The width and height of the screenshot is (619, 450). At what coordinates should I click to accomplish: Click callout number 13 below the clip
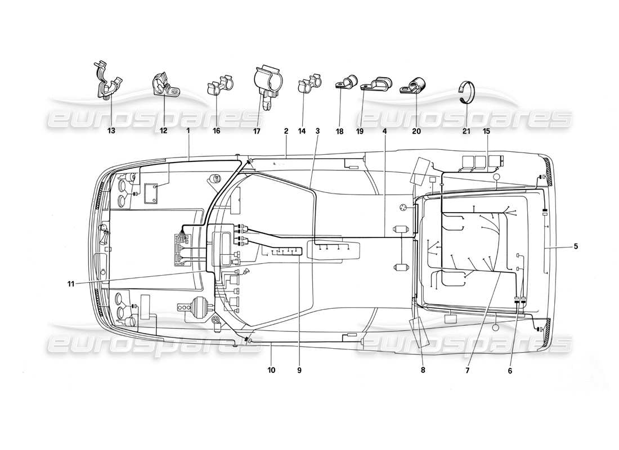pyautogui.click(x=111, y=131)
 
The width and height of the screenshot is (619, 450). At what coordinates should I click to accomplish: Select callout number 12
pyautogui.click(x=164, y=131)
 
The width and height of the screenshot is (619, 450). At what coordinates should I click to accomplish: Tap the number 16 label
pyautogui.click(x=217, y=131)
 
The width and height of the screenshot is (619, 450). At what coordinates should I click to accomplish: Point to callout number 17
pyautogui.click(x=257, y=131)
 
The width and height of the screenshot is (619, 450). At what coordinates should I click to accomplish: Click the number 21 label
pyautogui.click(x=467, y=131)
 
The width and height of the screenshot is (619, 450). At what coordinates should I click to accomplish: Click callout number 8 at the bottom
pyautogui.click(x=423, y=371)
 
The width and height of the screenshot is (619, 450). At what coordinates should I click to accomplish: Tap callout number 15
pyautogui.click(x=486, y=131)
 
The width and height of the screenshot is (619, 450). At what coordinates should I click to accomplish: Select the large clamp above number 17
pyautogui.click(x=267, y=84)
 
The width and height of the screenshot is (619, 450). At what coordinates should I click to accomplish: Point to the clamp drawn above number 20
pyautogui.click(x=414, y=87)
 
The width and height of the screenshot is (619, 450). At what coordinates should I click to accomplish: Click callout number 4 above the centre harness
pyautogui.click(x=385, y=131)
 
